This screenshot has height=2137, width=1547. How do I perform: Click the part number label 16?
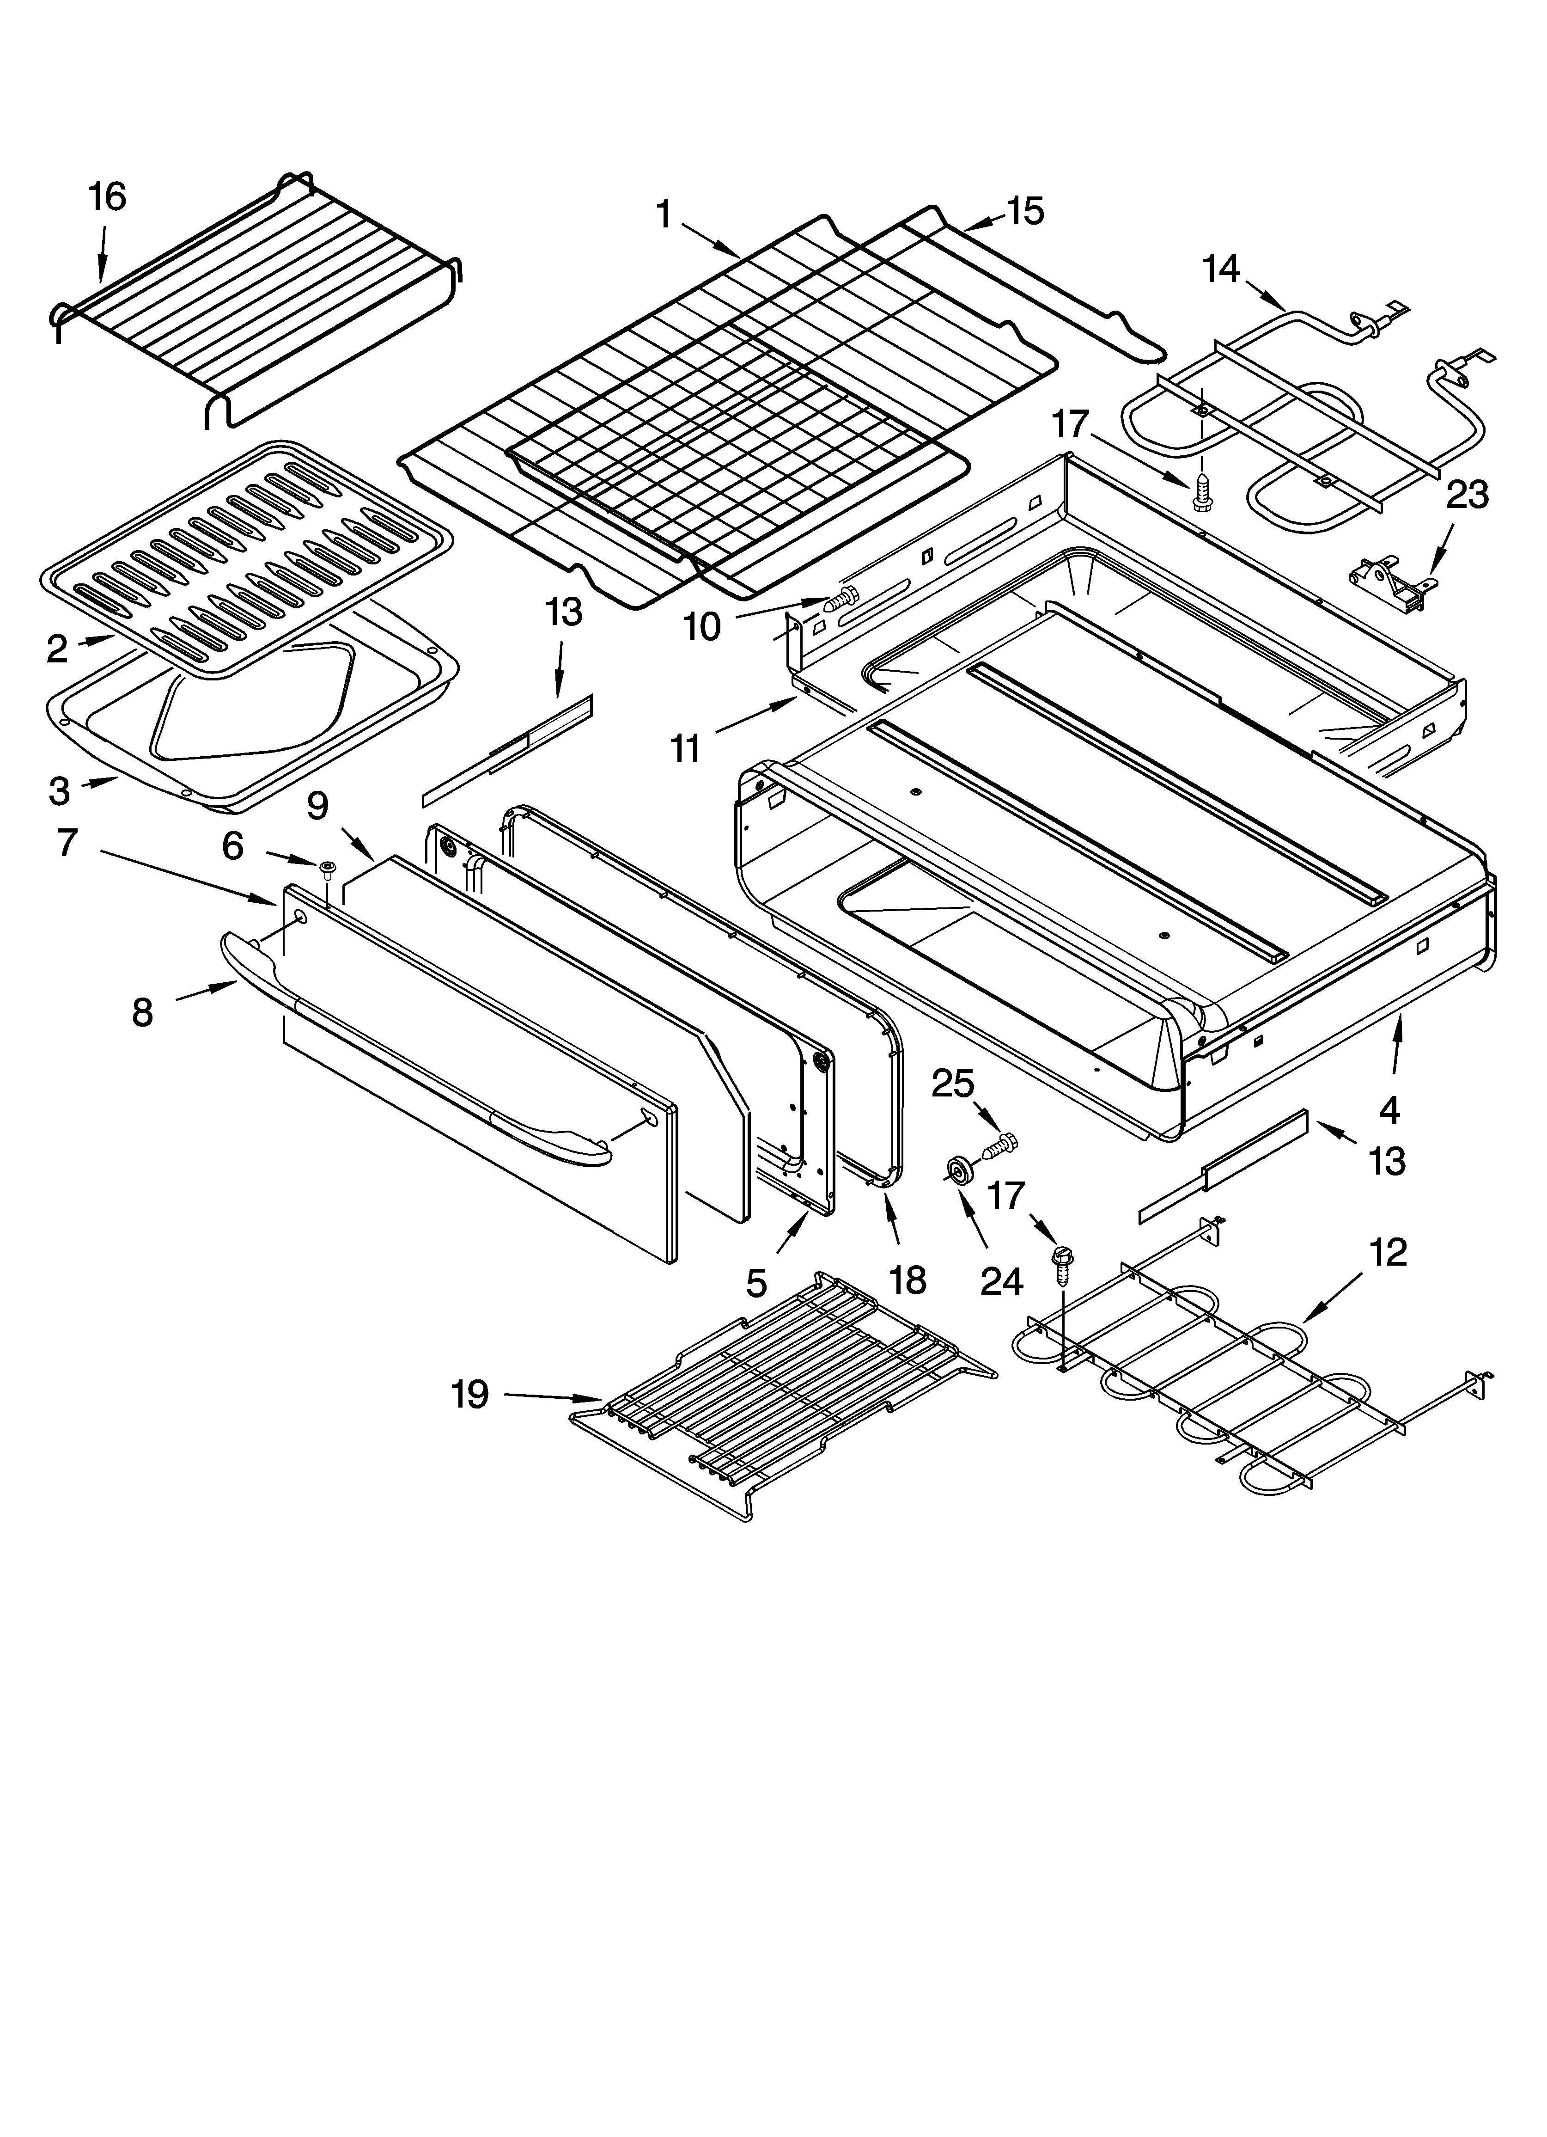tap(106, 197)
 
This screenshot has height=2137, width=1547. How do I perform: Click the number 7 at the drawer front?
tap(66, 841)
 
